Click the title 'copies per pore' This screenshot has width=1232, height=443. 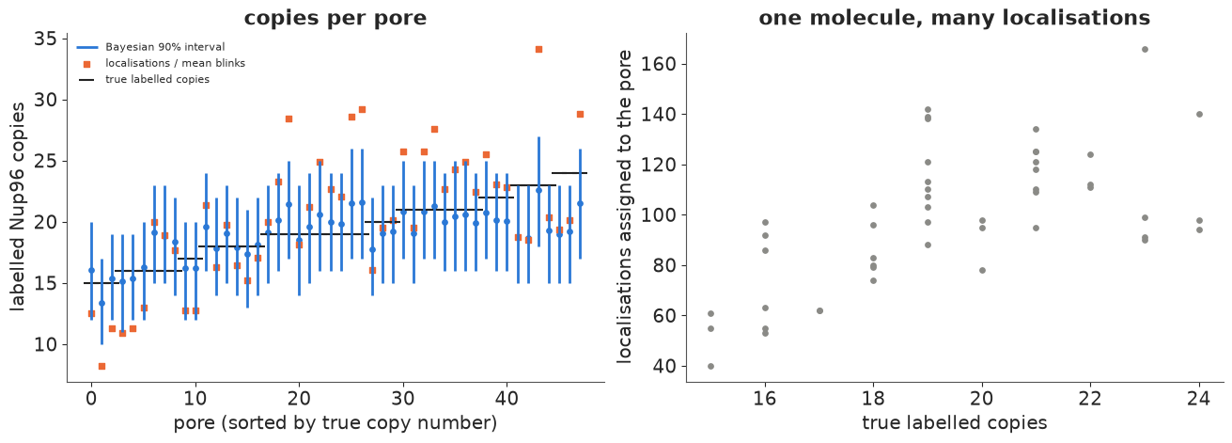335,18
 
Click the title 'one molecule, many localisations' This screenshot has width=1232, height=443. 954,18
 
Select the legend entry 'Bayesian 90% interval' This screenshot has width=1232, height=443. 165,47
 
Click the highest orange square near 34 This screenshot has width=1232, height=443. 538,50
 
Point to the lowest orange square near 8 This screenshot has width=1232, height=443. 101,367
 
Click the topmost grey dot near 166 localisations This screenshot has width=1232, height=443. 1146,50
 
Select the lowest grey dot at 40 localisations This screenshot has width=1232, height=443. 710,367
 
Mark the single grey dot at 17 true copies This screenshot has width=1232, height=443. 819,311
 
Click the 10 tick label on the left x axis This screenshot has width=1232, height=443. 195,397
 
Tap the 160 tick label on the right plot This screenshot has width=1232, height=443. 659,64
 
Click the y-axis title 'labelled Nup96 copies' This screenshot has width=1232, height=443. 18,207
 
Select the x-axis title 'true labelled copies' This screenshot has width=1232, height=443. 954,422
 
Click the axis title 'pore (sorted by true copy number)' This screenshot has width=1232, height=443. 335,423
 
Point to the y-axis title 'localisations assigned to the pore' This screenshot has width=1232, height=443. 625,207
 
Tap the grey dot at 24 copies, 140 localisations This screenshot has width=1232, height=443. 1199,115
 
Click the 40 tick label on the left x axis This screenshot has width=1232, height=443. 507,397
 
